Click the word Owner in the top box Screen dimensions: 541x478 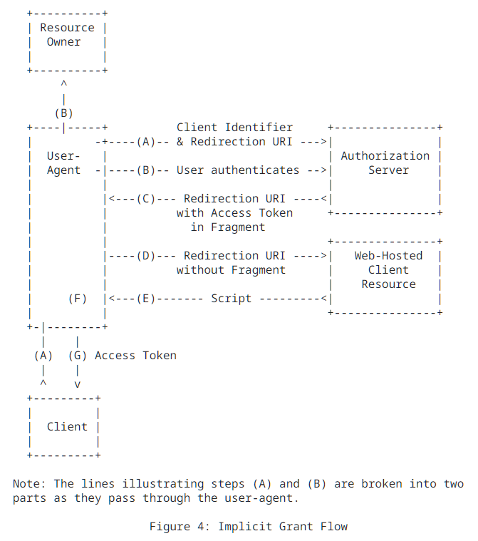point(64,42)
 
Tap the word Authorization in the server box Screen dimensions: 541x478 point(385,156)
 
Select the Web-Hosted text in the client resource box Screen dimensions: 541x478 point(388,256)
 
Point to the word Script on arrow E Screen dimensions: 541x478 point(231,299)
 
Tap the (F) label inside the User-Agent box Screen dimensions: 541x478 point(78,299)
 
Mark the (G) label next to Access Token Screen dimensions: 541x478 point(78,356)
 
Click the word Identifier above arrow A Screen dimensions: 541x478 point(259,128)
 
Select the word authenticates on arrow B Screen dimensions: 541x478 point(255,170)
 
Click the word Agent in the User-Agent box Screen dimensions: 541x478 point(64,170)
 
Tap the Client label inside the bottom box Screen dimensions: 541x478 point(67,427)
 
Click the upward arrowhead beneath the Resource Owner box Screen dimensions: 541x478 point(64,85)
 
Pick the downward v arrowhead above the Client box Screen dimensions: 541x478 point(78,384)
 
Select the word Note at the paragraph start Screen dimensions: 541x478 point(26,484)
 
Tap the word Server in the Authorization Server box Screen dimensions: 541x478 point(388,170)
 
